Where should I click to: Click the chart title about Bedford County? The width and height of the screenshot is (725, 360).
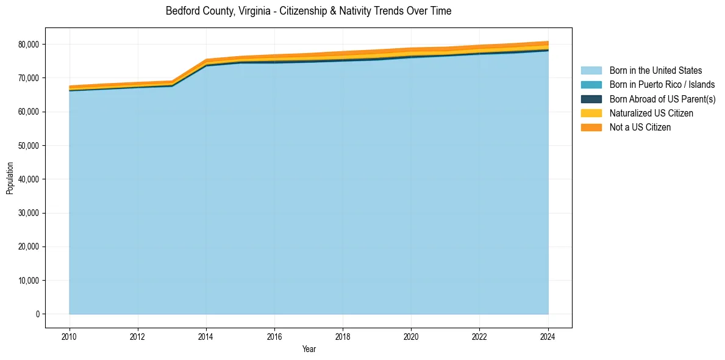(x=309, y=11)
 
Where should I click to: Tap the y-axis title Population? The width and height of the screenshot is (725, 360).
(x=10, y=178)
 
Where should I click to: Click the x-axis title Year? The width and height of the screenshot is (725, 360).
(x=309, y=349)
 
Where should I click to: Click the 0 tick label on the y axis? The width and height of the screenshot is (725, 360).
(x=37, y=314)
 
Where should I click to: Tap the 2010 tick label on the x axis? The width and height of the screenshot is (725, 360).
(x=70, y=336)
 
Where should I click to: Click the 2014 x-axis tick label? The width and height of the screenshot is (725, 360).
(x=206, y=336)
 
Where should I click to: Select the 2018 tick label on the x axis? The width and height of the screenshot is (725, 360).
(x=343, y=336)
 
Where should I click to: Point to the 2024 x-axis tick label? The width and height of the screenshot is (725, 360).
(x=548, y=336)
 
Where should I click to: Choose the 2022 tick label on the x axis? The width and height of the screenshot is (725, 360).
(x=480, y=336)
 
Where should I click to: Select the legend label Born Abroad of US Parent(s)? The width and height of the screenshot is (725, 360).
(x=662, y=99)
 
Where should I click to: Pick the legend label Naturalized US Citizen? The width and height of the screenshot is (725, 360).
(x=651, y=113)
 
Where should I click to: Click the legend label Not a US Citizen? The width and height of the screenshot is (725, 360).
(x=640, y=127)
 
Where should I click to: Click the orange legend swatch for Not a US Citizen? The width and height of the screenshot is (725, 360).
(x=591, y=127)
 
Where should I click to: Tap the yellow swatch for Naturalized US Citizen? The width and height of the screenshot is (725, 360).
(x=591, y=113)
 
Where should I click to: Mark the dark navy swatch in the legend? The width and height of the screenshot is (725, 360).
(x=591, y=99)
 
